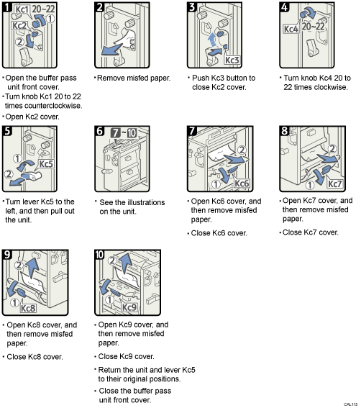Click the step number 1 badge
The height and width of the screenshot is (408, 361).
coord(7,7)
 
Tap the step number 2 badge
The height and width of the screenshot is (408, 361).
coord(100,7)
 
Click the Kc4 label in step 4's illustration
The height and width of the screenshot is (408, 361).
coord(291,30)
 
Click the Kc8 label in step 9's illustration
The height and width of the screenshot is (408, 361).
coord(28,308)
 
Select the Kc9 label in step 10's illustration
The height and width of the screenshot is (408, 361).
coord(129,308)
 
